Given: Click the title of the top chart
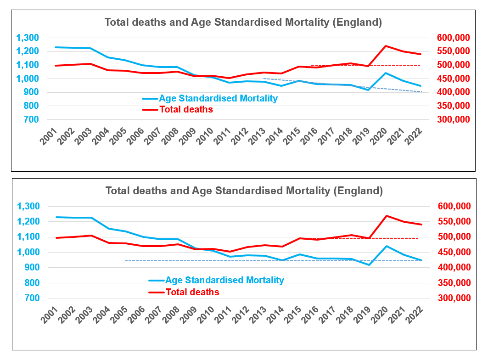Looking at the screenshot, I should pyautogui.click(x=243, y=22).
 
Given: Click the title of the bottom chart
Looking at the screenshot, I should pyautogui.click(x=244, y=190).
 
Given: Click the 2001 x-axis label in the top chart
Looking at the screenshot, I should pyautogui.click(x=48, y=136).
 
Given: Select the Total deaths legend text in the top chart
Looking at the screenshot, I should pyautogui.click(x=186, y=110).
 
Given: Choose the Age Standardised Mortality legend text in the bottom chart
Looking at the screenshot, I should pyautogui.click(x=224, y=280).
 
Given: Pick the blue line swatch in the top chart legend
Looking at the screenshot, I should pyautogui.click(x=150, y=98).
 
